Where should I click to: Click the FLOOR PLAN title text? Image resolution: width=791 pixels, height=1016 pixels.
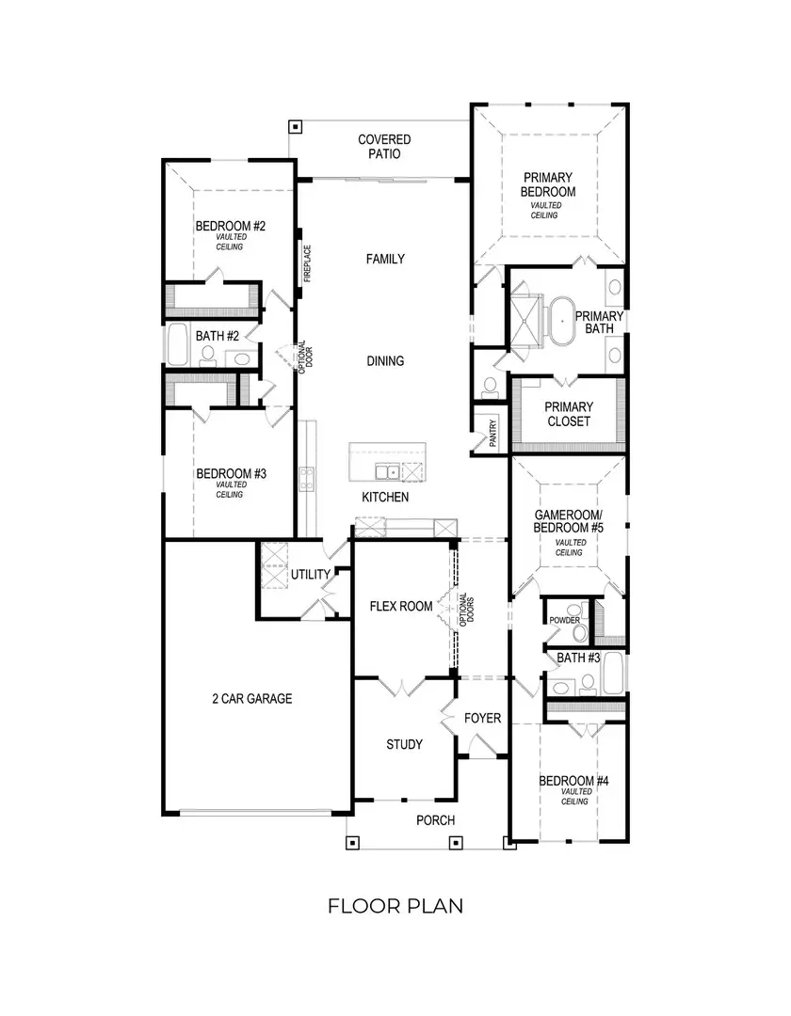tap(395, 907)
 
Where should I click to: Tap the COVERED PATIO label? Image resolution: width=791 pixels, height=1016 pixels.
tap(384, 147)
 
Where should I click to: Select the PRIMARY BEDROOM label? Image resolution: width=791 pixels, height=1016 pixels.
tap(549, 184)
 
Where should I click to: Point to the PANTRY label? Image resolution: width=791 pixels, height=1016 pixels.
tap(492, 435)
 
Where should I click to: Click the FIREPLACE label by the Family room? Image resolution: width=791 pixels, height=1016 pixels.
tap(307, 263)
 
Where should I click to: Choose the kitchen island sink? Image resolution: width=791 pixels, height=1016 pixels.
tap(386, 471)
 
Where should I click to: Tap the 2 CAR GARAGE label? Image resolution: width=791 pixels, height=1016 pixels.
tap(251, 699)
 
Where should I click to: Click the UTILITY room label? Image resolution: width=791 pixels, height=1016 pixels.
tap(310, 574)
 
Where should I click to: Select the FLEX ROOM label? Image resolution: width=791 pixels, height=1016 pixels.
tap(401, 607)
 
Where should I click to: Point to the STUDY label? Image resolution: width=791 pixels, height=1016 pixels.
tap(404, 745)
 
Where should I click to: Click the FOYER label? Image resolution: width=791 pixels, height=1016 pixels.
tap(482, 719)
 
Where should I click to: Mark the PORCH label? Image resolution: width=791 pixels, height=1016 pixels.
tap(436, 820)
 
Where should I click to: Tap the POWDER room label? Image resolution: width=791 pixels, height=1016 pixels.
tap(564, 621)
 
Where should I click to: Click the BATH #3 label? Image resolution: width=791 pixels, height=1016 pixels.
tap(578, 658)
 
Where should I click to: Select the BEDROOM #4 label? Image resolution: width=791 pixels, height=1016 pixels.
tap(574, 781)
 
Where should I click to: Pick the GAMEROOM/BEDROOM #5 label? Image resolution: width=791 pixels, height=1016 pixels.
tap(569, 522)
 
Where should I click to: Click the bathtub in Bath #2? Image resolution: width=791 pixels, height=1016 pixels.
tap(179, 343)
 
